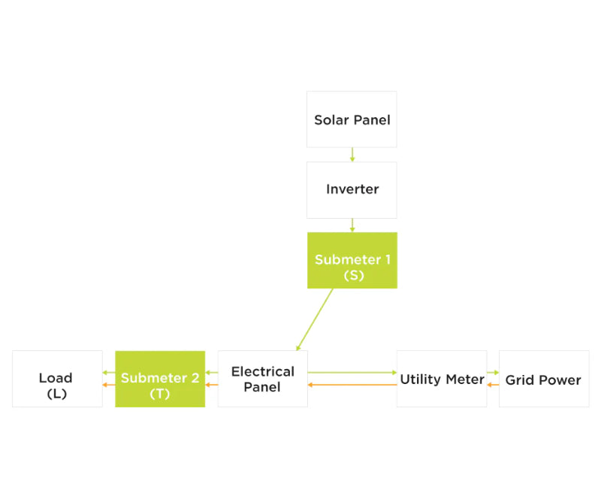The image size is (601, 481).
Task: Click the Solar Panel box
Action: pos(352,119)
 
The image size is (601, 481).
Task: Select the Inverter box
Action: pos(352,189)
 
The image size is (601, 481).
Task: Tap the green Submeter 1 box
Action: pos(352,260)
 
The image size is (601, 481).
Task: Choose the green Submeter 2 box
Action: pos(159,379)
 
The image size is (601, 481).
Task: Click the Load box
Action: pos(57,379)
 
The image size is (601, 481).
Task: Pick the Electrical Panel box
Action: pos(262,379)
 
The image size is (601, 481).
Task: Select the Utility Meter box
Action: pos(442,379)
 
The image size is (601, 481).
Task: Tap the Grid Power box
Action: pos(543,379)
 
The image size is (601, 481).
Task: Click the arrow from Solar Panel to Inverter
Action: pos(352,155)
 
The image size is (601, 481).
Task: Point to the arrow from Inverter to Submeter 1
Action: pos(352,225)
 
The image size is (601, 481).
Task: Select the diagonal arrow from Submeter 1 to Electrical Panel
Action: pos(315,319)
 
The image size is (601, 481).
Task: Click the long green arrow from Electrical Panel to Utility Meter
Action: pos(352,372)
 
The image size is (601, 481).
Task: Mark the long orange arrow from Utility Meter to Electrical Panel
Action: pos(352,385)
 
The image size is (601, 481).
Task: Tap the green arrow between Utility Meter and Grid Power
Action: pos(493,372)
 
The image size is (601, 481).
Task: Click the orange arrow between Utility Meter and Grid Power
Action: pos(493,385)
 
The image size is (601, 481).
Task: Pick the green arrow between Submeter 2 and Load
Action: pos(109,372)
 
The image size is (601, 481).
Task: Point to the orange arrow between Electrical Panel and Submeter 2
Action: pos(211,385)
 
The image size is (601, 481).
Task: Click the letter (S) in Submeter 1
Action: pos(352,276)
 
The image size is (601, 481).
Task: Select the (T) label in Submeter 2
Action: pos(160,393)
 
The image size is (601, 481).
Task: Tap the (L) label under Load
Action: pos(57,393)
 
